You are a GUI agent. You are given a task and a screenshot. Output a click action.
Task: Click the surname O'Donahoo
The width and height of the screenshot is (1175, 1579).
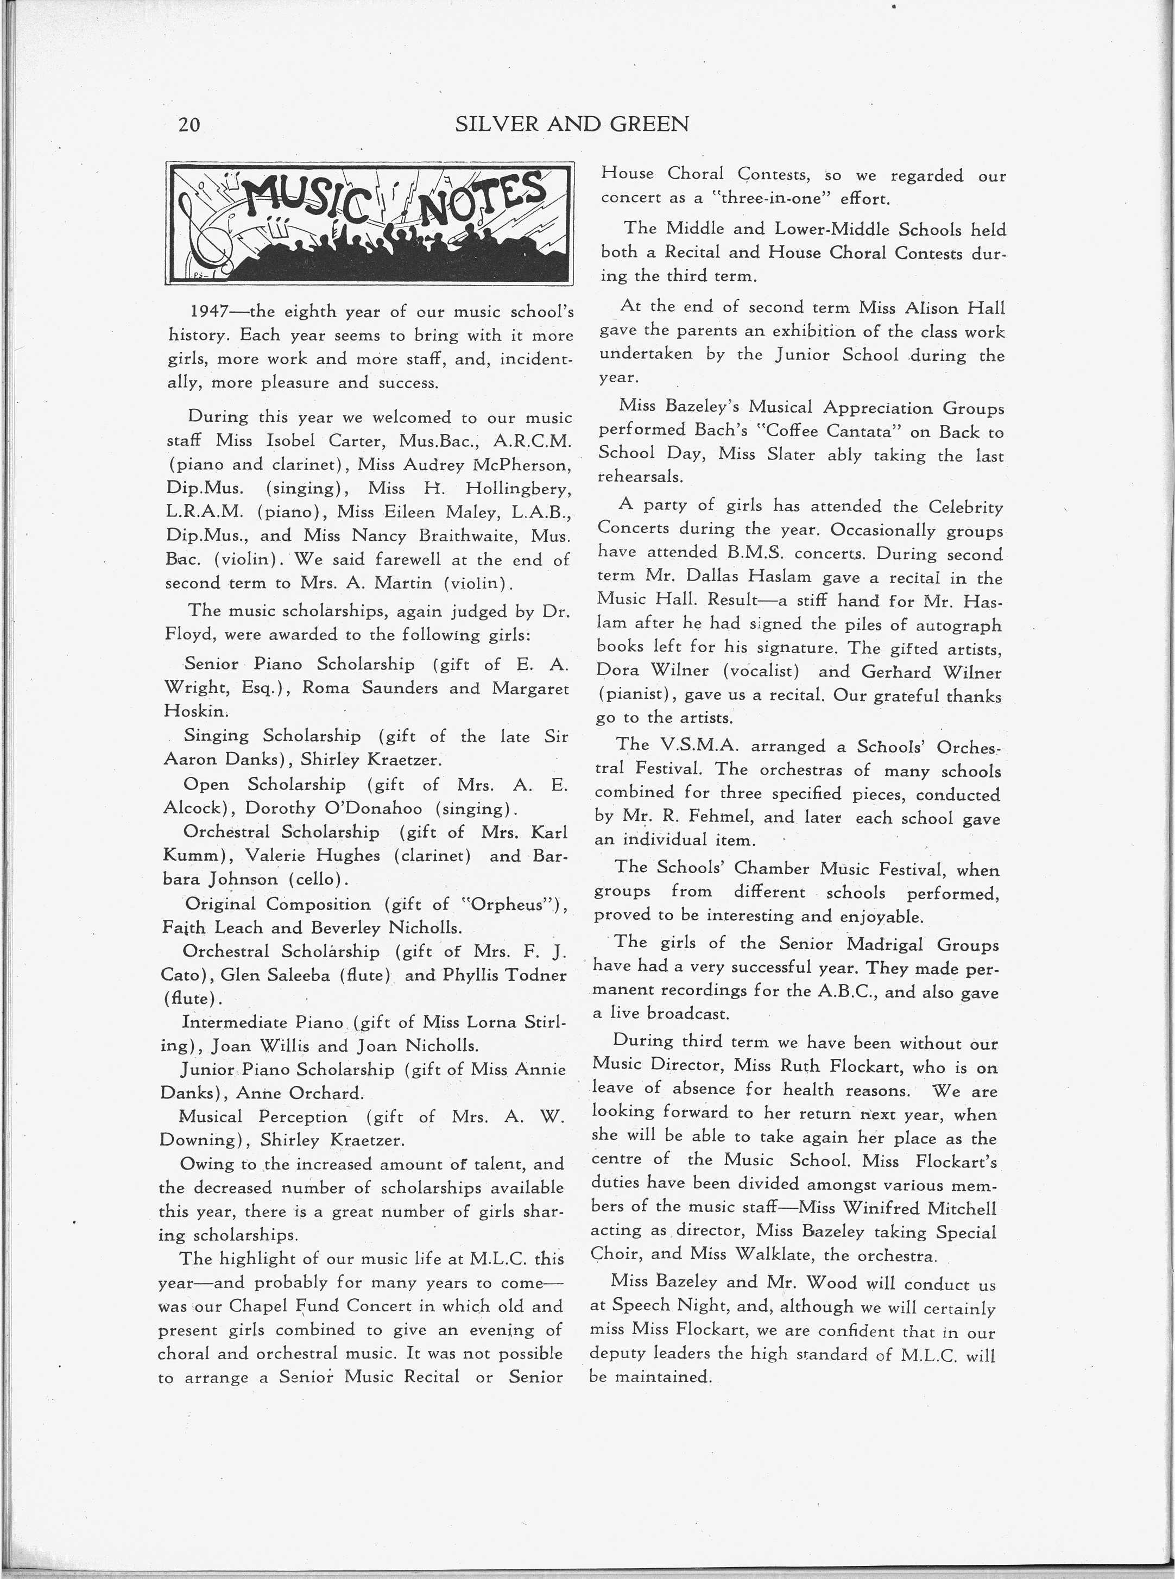(x=374, y=808)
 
